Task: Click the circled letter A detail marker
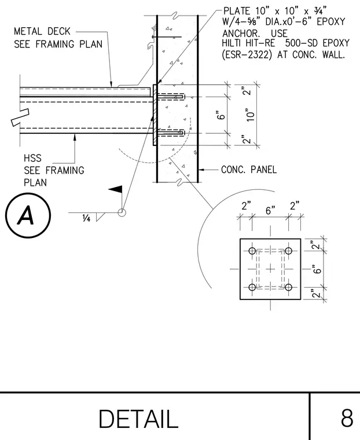point(28,215)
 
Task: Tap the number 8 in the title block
point(347,418)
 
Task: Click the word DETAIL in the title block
point(138,419)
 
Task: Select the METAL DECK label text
point(42,31)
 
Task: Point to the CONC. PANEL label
point(249,170)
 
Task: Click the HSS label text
point(32,158)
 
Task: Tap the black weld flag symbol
point(116,189)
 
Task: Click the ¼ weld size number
point(86,218)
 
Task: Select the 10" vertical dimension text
point(250,115)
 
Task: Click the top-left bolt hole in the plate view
point(252,251)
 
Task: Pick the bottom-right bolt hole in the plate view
point(288,287)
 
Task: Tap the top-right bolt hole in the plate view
point(288,251)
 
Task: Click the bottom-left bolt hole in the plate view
point(252,287)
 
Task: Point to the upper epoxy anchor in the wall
point(171,97)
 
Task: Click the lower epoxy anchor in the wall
point(171,133)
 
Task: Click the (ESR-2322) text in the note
point(247,54)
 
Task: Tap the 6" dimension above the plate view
point(270,210)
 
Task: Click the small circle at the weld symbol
point(122,212)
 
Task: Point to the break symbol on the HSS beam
point(20,118)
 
